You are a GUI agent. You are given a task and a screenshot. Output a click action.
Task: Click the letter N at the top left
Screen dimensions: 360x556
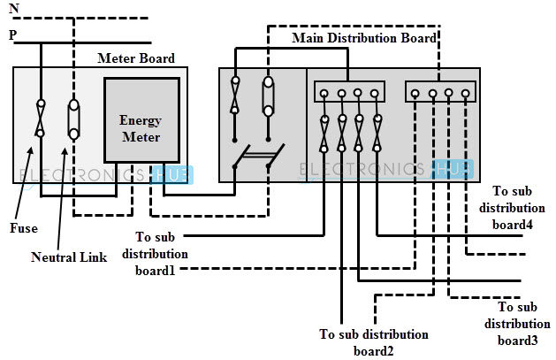click(12, 8)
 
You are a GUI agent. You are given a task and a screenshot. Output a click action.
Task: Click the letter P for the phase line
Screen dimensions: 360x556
click(12, 35)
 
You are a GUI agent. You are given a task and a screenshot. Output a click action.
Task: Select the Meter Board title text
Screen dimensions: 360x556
click(136, 58)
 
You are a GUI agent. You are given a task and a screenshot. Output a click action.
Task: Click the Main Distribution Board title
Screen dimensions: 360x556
click(363, 38)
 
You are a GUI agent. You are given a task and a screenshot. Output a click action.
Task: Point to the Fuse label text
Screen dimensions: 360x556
click(24, 227)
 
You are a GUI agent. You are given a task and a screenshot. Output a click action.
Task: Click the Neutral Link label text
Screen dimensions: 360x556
click(69, 257)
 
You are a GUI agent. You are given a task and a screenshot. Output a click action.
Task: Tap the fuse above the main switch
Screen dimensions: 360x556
click(234, 96)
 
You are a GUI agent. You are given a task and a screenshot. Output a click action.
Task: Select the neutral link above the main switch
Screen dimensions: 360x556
click(267, 96)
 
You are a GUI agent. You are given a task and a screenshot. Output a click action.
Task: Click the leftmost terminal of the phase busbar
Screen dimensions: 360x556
click(325, 92)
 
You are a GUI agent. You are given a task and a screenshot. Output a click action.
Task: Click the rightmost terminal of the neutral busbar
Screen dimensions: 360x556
click(465, 92)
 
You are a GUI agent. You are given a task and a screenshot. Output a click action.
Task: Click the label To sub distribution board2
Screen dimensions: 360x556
click(374, 342)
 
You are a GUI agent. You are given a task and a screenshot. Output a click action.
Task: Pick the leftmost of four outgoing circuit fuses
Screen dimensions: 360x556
click(325, 134)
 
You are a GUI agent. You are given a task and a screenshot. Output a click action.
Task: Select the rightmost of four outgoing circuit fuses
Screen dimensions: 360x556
click(377, 134)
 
